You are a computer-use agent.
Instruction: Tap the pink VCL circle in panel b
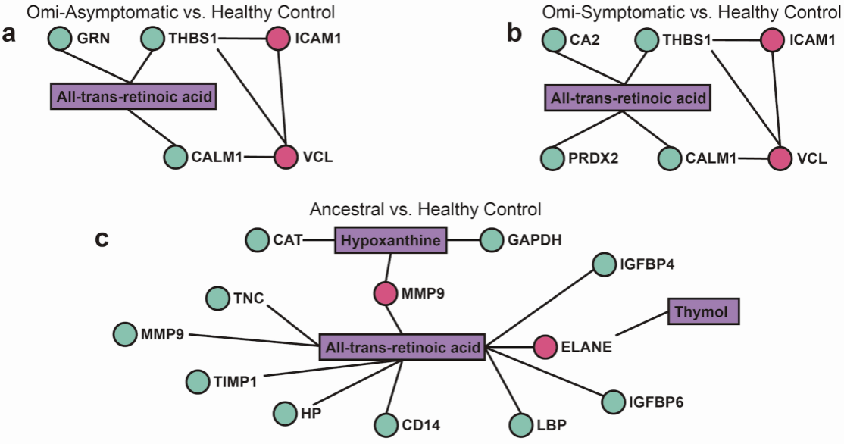click(780, 158)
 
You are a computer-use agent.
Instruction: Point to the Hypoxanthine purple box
click(389, 241)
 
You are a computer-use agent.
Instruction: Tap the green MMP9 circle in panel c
click(125, 332)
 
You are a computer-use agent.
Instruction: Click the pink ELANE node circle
click(545, 347)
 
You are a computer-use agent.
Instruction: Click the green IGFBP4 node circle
click(604, 264)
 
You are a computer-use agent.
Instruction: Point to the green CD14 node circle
click(386, 424)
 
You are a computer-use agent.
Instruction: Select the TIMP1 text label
click(235, 382)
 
